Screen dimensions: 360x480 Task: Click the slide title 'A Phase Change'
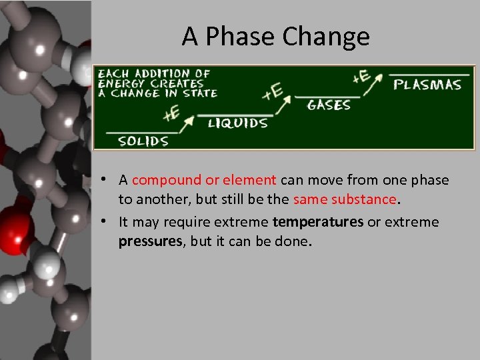[x=275, y=37]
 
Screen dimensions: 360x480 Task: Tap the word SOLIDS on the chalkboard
[x=143, y=141]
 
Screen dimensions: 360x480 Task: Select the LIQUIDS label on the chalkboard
[x=237, y=123]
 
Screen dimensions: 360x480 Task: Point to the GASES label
[x=329, y=105]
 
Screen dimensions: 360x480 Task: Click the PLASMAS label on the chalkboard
[x=427, y=85]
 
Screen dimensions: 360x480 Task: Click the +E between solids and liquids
[x=171, y=113]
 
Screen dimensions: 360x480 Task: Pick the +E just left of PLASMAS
[x=361, y=77]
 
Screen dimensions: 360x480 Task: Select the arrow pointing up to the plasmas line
[x=377, y=81]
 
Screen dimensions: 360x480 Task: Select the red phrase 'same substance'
[x=345, y=199]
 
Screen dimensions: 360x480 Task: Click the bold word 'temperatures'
[x=318, y=221]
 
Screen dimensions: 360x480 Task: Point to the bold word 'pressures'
[x=150, y=241]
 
